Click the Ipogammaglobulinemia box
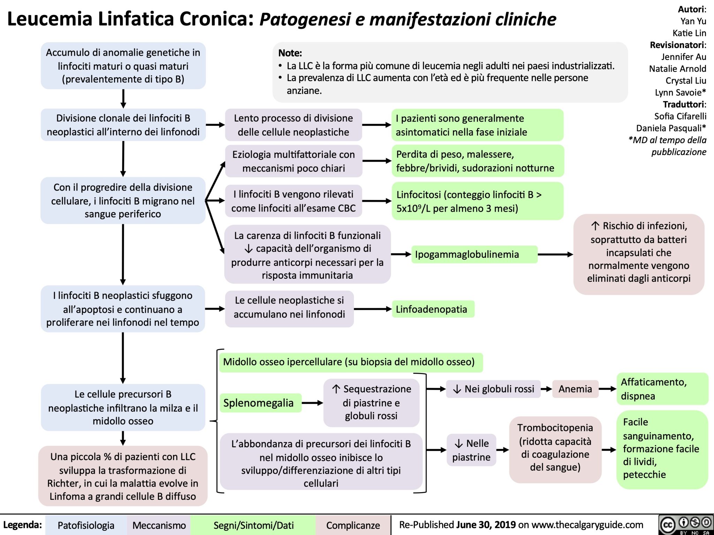[x=474, y=255]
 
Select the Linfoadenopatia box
[x=433, y=309]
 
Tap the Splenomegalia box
[x=260, y=403]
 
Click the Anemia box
[x=575, y=389]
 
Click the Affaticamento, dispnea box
[x=662, y=389]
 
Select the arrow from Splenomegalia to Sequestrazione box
[x=312, y=403]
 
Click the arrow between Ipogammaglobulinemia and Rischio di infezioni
[x=555, y=255]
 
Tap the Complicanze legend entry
[x=353, y=525]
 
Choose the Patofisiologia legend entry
[x=86, y=525]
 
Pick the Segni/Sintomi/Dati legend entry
[x=253, y=525]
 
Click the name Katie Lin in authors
[x=689, y=33]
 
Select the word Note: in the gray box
[x=290, y=53]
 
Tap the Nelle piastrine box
[x=471, y=450]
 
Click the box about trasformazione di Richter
[x=123, y=476]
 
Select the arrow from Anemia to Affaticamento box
[x=608, y=389]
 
